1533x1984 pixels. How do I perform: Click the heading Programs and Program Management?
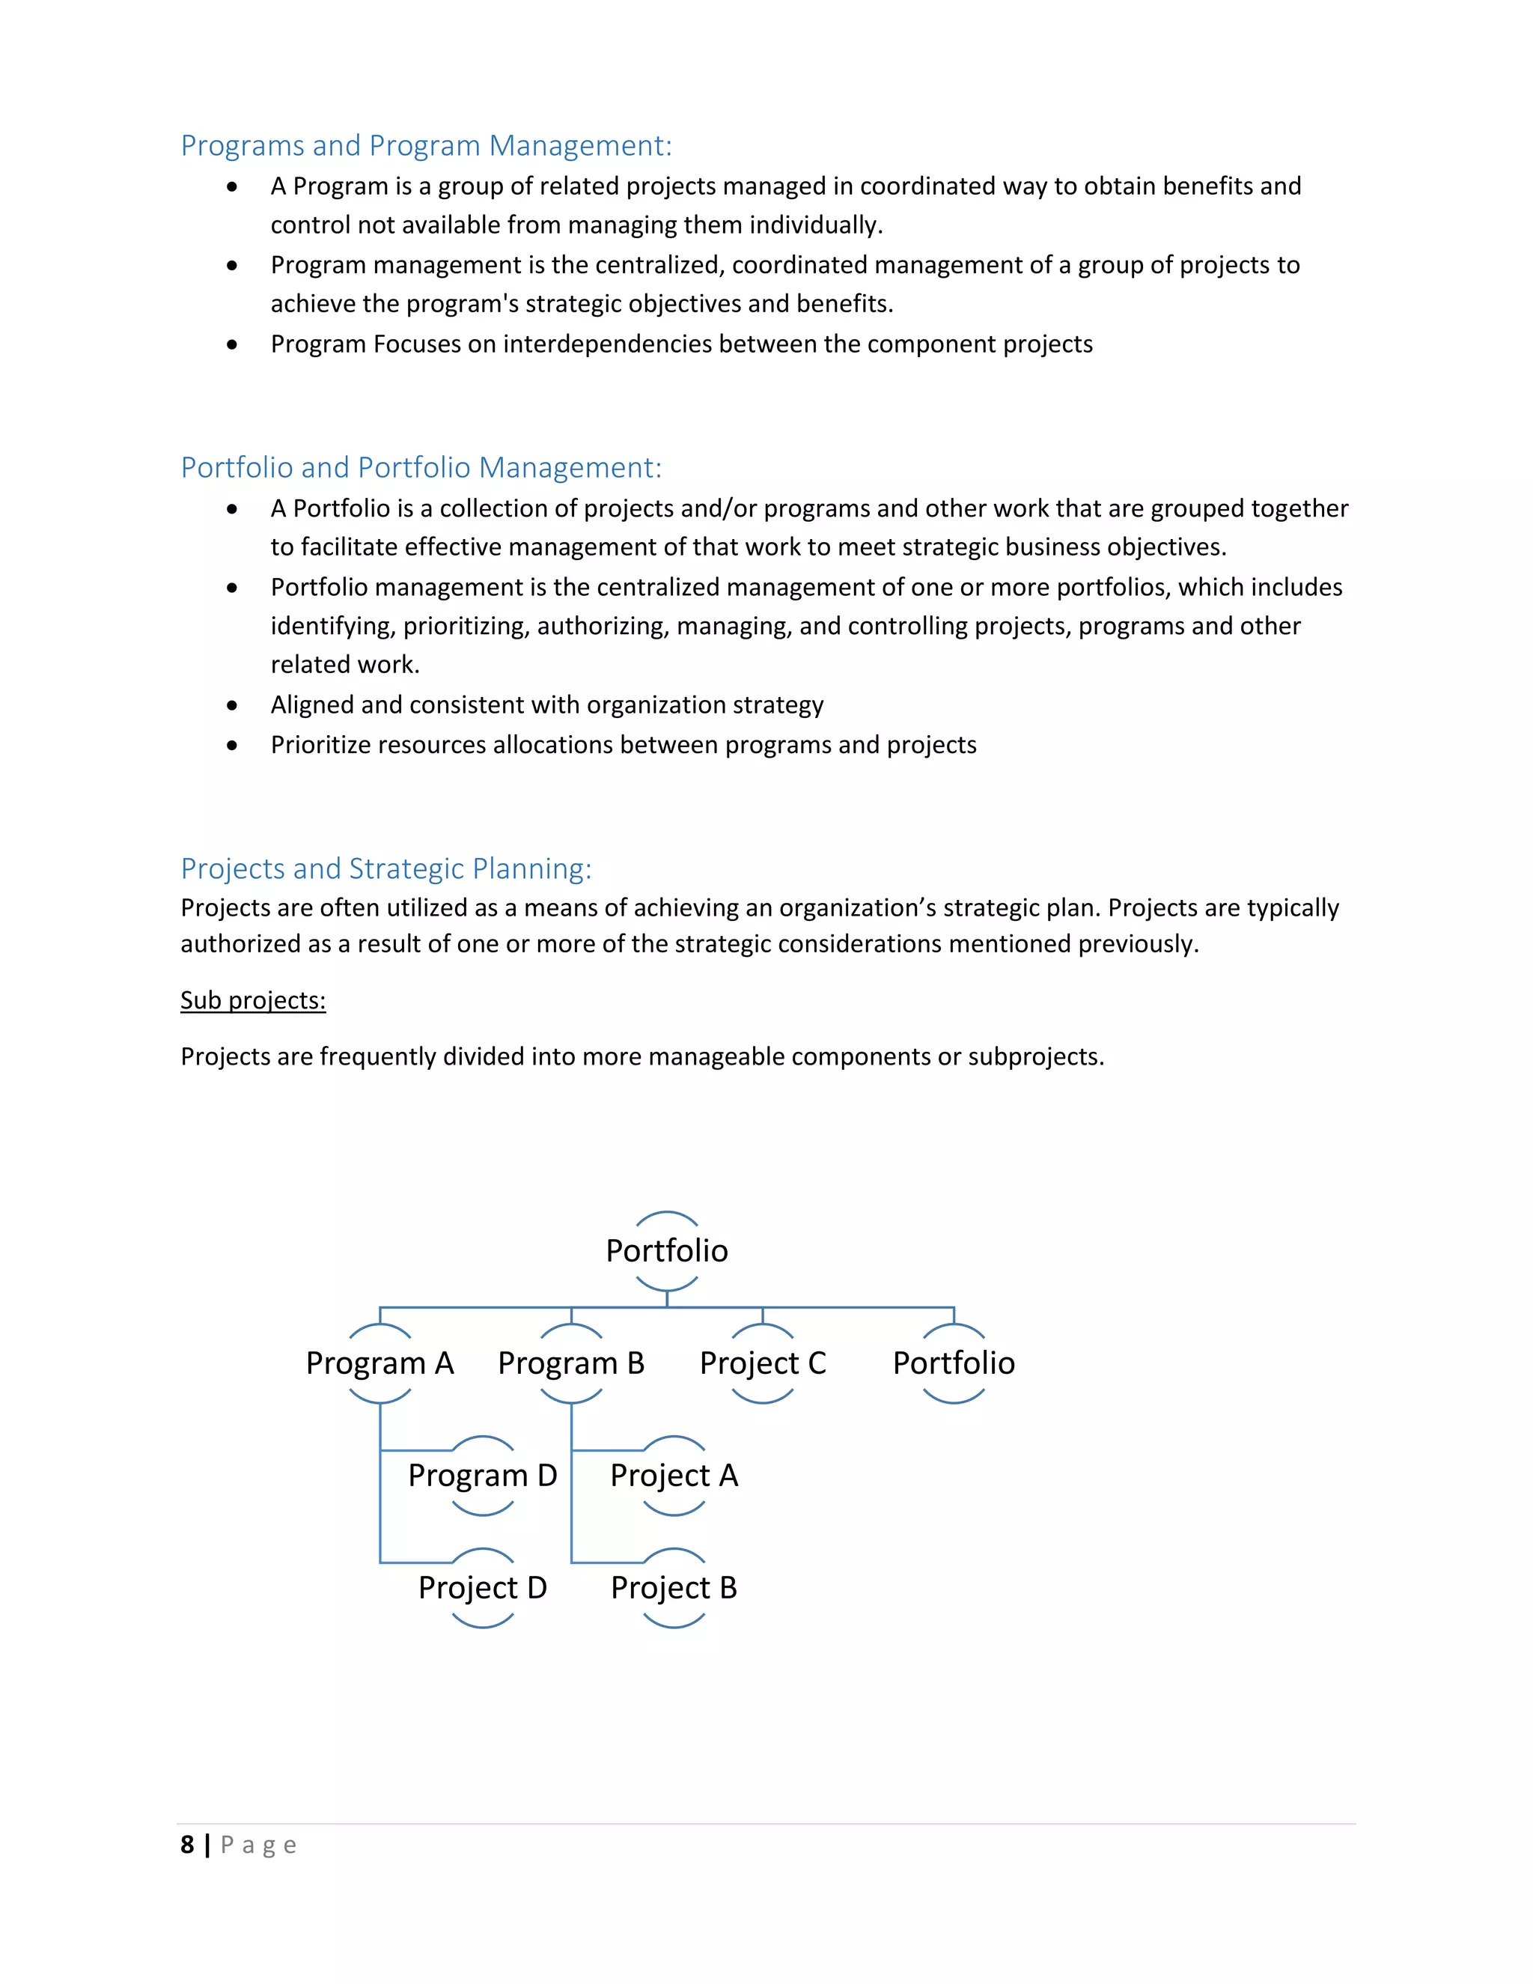point(426,145)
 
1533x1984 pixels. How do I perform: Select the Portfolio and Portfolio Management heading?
point(421,467)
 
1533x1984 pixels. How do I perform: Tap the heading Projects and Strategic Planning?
point(386,868)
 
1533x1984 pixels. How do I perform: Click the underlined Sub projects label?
point(252,1000)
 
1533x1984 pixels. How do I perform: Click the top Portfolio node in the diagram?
point(667,1251)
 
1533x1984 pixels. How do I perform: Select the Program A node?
point(380,1363)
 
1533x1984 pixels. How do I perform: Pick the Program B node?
point(571,1363)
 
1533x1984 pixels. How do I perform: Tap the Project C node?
point(763,1363)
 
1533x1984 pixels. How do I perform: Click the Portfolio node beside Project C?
point(954,1363)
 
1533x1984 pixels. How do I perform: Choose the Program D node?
point(482,1476)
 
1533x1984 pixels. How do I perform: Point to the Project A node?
point(674,1476)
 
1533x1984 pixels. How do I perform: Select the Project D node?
point(482,1588)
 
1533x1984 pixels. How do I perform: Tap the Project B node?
point(674,1588)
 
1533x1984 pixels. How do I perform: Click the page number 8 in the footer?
point(187,1845)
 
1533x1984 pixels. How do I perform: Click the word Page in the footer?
point(259,1845)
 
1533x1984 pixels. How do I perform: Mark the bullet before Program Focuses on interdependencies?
point(233,345)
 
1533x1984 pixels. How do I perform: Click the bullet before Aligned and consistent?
point(233,706)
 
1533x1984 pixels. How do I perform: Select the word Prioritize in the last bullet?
point(320,745)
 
